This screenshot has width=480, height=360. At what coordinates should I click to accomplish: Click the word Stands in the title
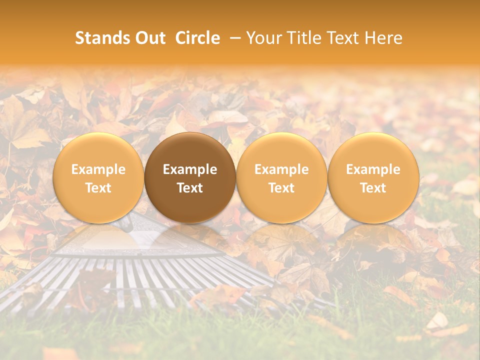pyautogui.click(x=98, y=38)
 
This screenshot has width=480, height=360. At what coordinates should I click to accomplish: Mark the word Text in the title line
pyautogui.click(x=345, y=38)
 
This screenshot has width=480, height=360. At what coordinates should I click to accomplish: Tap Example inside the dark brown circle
pyautogui.click(x=190, y=169)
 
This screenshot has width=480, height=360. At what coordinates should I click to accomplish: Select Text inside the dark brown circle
pyautogui.click(x=190, y=188)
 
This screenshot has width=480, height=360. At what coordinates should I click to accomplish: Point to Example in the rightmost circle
pyautogui.click(x=373, y=169)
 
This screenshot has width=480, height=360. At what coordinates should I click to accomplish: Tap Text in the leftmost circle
pyautogui.click(x=98, y=188)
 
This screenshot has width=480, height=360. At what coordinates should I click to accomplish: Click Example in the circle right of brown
pyautogui.click(x=281, y=169)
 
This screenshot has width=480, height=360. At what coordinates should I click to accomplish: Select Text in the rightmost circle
pyautogui.click(x=373, y=188)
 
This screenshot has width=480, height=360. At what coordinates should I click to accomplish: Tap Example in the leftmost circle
pyautogui.click(x=98, y=169)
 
